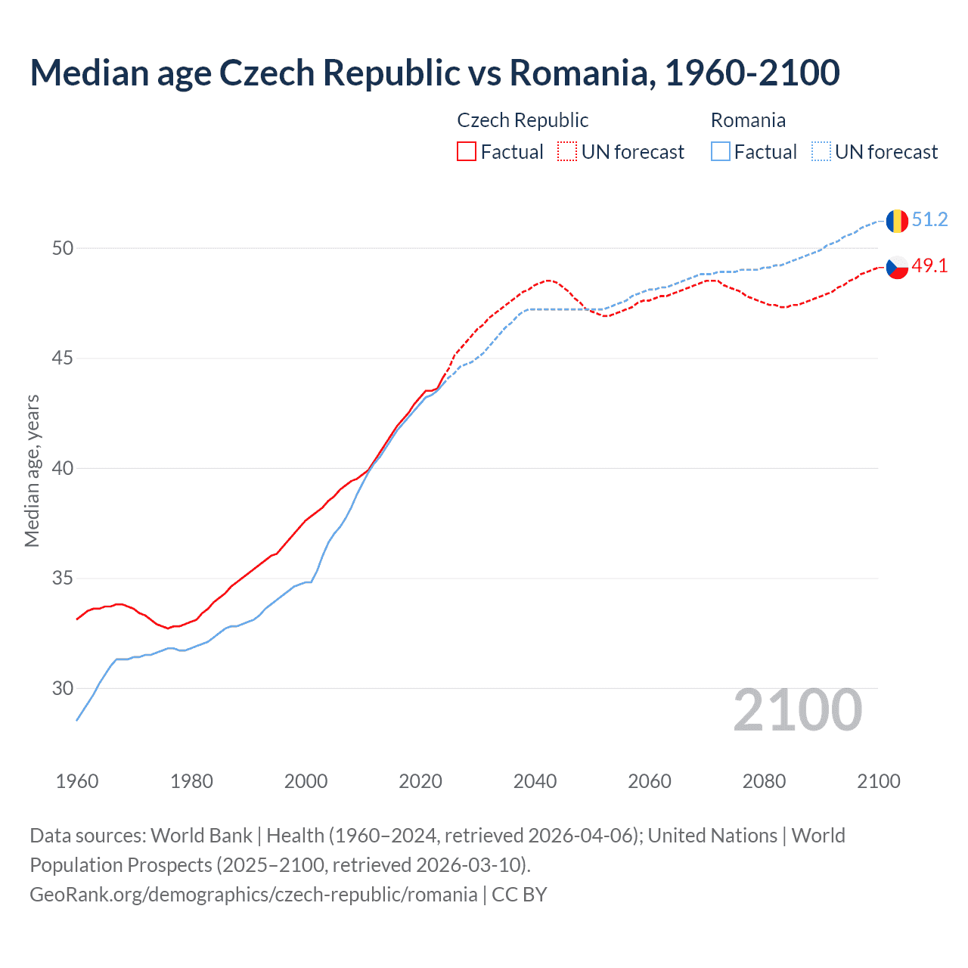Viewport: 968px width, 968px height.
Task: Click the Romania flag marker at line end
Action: (x=897, y=221)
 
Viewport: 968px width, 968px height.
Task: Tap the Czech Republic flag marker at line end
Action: (x=897, y=267)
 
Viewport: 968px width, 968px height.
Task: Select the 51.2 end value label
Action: (x=929, y=220)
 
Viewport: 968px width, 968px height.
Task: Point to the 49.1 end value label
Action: (x=929, y=265)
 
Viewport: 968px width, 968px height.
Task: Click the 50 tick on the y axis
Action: (x=63, y=248)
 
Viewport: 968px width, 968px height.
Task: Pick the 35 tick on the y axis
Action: (x=63, y=579)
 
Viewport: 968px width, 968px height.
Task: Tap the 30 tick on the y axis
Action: (x=63, y=688)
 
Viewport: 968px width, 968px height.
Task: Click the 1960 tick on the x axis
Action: (x=77, y=781)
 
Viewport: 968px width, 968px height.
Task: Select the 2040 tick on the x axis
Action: (x=535, y=781)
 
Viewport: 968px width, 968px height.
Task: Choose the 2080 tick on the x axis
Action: (x=764, y=781)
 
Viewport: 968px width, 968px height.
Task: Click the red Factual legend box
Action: (x=467, y=152)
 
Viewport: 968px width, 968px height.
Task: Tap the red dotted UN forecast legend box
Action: (x=567, y=152)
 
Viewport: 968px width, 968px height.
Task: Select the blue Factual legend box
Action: (x=721, y=152)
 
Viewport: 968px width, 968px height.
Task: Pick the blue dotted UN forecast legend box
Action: (x=821, y=152)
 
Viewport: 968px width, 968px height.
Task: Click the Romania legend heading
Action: (x=748, y=120)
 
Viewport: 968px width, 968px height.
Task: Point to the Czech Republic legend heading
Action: (x=523, y=120)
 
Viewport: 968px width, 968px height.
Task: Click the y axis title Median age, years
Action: (x=32, y=470)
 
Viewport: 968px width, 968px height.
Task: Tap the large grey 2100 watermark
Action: (x=797, y=710)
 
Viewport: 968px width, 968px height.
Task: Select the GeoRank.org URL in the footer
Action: (x=253, y=895)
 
